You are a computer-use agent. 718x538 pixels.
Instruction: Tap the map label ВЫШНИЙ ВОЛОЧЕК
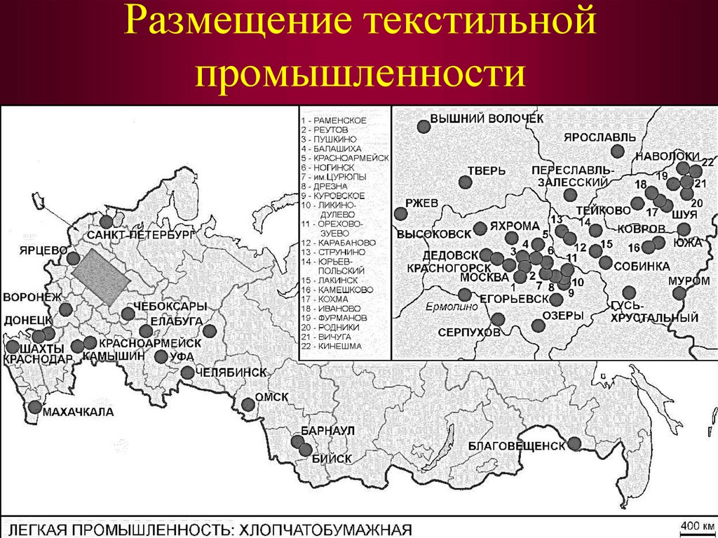point(486,119)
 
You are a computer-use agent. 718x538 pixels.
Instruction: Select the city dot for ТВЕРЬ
point(465,182)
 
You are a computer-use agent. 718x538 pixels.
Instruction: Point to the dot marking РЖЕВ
point(401,213)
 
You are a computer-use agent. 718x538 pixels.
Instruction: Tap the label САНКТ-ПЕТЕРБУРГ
point(140,234)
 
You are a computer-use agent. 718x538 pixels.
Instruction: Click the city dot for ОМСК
point(248,404)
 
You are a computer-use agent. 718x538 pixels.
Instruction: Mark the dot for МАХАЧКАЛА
point(36,407)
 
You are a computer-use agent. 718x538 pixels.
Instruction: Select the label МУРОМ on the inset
point(685,280)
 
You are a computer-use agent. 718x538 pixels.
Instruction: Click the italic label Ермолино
point(446,307)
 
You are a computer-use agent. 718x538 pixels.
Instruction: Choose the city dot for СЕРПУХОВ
point(498,319)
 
